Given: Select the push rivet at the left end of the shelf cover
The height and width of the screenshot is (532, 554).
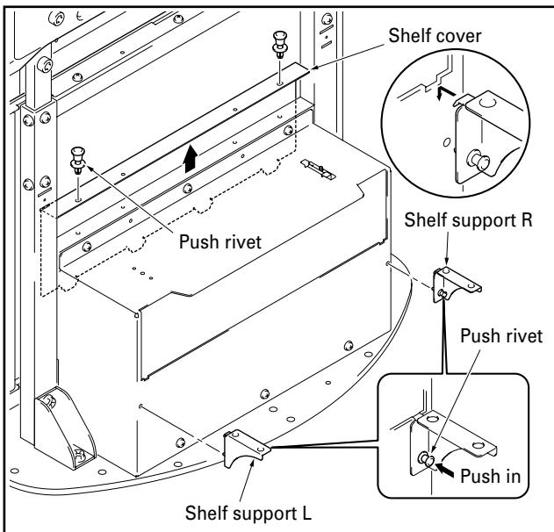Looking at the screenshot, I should (x=77, y=164).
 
